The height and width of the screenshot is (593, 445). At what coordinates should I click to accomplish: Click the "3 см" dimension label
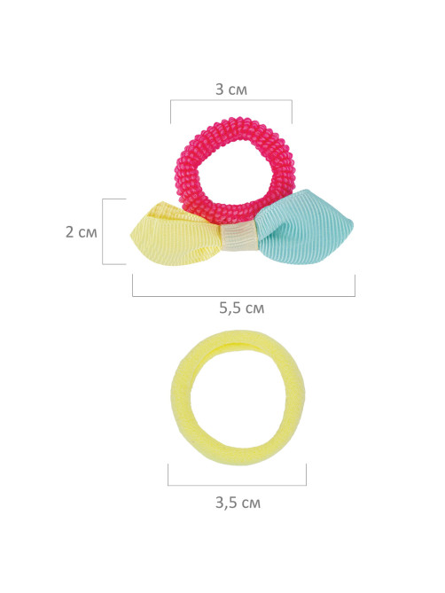click(x=231, y=90)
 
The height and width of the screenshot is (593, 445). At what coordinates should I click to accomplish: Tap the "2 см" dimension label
click(x=81, y=232)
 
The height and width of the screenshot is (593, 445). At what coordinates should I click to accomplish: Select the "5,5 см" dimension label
click(x=242, y=308)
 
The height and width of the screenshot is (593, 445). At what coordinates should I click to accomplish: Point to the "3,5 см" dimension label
click(x=238, y=503)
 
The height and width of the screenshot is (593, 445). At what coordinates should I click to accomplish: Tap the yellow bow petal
click(x=174, y=235)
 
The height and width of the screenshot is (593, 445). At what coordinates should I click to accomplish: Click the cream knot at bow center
click(x=239, y=237)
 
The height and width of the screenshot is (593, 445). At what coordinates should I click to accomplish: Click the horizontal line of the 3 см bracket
click(x=231, y=100)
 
